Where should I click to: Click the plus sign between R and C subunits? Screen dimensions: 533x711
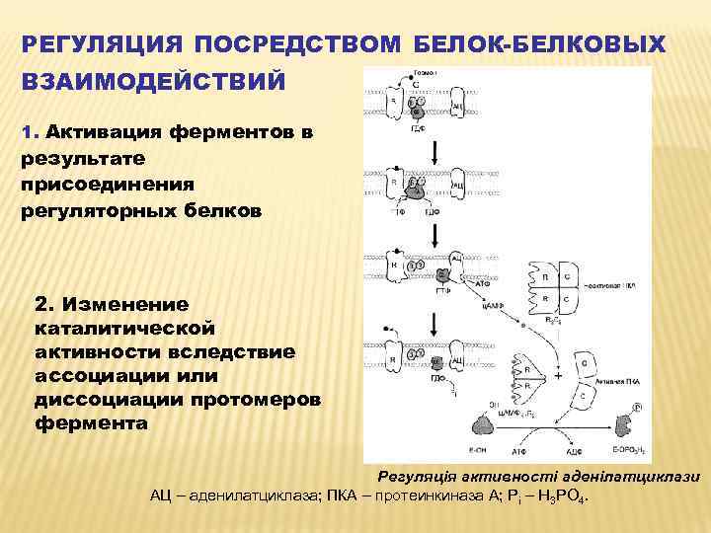(559, 376)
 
